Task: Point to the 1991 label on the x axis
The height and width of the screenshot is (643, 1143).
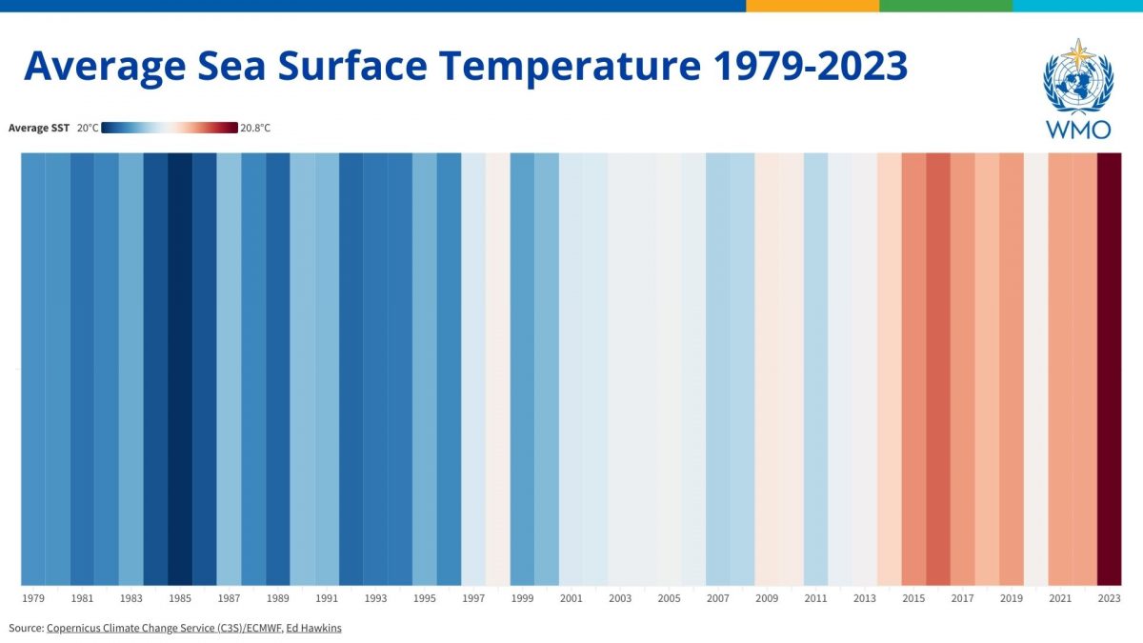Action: point(327,598)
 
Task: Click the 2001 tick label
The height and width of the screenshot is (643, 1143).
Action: point(571,598)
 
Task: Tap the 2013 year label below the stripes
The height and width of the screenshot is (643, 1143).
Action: point(864,598)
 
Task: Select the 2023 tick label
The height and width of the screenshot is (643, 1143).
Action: point(1109,598)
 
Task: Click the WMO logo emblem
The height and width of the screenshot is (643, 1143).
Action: point(1078,80)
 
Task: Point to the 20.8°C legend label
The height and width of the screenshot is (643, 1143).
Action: point(255,128)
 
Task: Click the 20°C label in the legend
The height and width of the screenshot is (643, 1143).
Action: point(87,128)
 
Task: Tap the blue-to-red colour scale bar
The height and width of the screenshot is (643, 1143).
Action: point(170,128)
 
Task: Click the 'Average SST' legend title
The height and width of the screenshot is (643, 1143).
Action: point(39,128)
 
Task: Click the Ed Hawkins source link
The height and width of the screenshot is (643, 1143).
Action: point(313,628)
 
